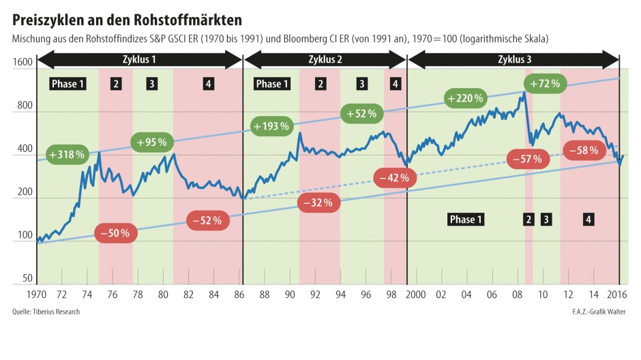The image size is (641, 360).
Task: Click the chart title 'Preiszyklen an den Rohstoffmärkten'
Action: point(127,15)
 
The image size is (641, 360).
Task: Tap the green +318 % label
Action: point(67,155)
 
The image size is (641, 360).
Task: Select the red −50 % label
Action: point(115,232)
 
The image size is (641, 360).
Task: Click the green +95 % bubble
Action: point(152,142)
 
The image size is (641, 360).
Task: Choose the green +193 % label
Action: point(271,126)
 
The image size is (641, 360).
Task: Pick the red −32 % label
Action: point(318,202)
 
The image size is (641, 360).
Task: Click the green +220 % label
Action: point(465,98)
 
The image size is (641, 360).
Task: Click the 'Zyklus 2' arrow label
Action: point(325,59)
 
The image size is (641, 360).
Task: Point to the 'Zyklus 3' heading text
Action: point(516,59)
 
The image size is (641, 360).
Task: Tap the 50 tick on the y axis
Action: point(27,279)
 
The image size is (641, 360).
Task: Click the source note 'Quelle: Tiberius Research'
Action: point(46,312)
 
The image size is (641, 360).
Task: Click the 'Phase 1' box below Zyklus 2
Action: point(271,84)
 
